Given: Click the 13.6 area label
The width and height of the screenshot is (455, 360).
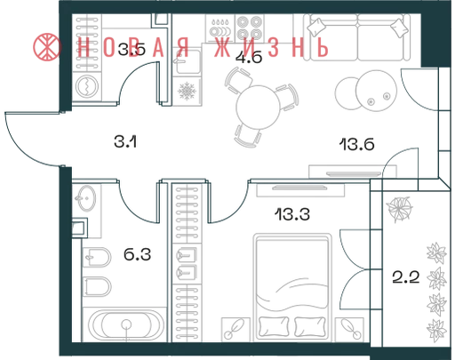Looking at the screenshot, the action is [x=356, y=145].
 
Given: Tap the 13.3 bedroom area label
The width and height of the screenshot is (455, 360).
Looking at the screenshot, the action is [x=292, y=214].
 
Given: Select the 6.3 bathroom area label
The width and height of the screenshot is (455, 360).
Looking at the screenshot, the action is [x=137, y=254].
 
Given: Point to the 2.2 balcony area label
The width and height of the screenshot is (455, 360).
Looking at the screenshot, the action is [x=406, y=277].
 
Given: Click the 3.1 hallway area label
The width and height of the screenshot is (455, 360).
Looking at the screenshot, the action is [x=125, y=141].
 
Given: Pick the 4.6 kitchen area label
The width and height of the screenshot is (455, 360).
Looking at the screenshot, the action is [x=249, y=58].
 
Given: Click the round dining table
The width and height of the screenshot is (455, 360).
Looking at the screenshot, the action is [x=258, y=107].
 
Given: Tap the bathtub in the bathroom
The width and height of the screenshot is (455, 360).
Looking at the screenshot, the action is [x=126, y=325].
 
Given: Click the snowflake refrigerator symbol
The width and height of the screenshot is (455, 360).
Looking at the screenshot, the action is [x=187, y=91].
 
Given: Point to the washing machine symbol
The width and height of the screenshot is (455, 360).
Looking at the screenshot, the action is [x=87, y=86].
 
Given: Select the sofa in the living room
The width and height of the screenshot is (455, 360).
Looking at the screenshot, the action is [x=356, y=37].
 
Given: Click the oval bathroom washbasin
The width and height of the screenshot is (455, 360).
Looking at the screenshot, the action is [x=86, y=198].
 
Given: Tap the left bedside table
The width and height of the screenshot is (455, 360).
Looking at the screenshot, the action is [x=235, y=329].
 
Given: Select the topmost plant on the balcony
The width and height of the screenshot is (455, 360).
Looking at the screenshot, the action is [x=399, y=208].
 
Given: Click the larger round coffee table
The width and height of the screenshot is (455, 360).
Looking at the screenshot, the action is [x=376, y=91].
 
